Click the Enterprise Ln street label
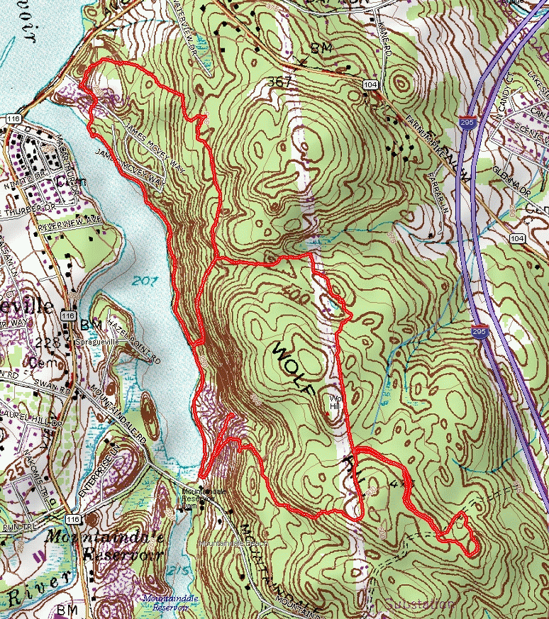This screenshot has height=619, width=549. coord(106,468)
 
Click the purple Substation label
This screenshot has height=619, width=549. coord(420,604)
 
